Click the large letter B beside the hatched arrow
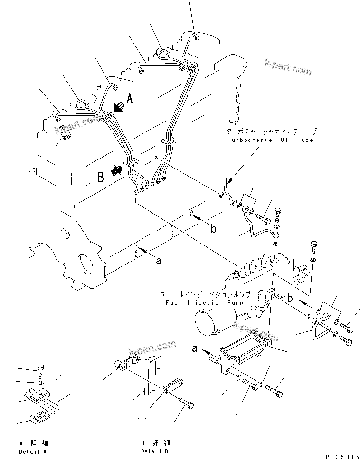(x=101, y=177)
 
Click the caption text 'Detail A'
(x=33, y=451)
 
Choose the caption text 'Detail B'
(x=154, y=451)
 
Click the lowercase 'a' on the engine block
(x=159, y=260)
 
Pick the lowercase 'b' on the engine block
(x=213, y=229)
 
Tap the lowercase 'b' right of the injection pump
(x=289, y=299)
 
